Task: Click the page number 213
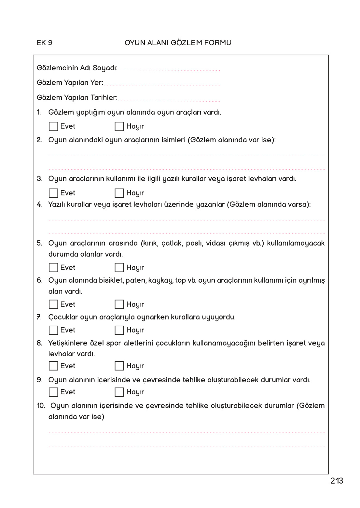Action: (x=337, y=481)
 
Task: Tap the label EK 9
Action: (x=45, y=43)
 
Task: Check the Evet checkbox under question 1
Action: (x=53, y=126)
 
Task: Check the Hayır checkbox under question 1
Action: (x=119, y=126)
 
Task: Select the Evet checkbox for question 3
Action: (x=53, y=193)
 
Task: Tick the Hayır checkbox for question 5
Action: (x=119, y=268)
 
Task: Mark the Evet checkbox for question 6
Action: (x=53, y=304)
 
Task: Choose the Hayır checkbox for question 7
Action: (x=119, y=330)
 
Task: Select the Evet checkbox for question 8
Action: (x=53, y=366)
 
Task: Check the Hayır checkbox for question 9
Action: (x=119, y=392)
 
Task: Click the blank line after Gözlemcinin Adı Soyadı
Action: (x=170, y=69)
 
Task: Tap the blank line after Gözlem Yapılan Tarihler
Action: (x=169, y=99)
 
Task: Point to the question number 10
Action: (x=41, y=406)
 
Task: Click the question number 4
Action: (x=39, y=205)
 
